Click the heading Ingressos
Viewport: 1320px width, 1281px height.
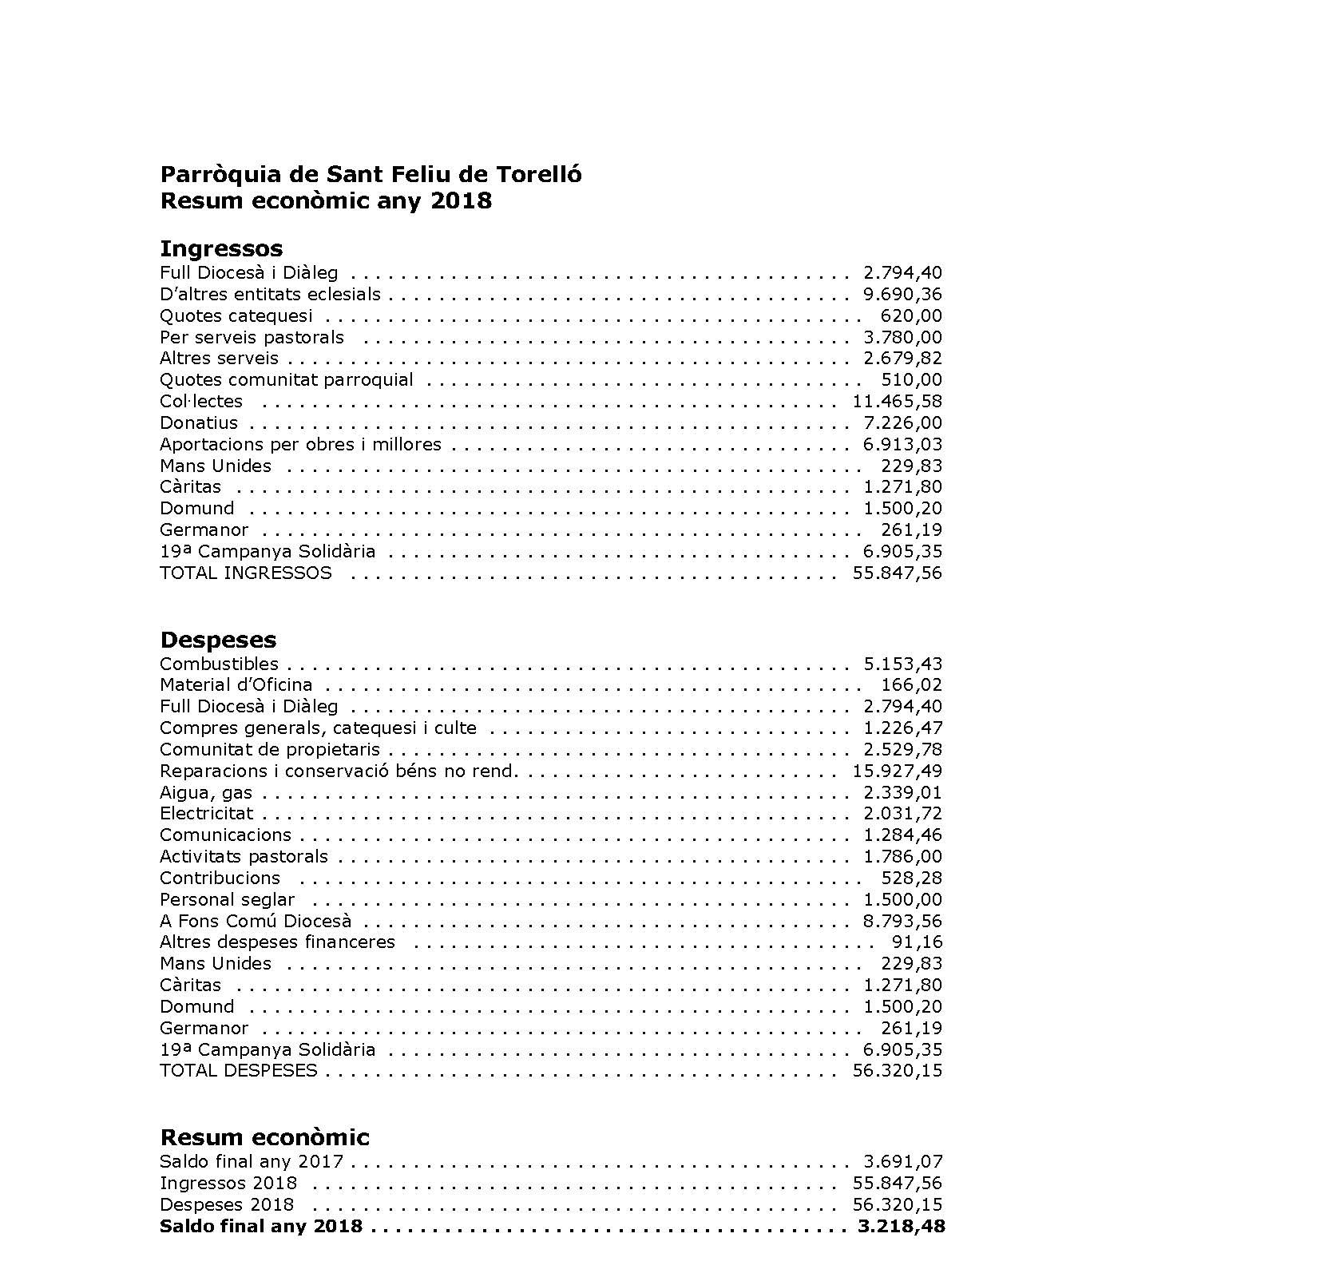click(221, 249)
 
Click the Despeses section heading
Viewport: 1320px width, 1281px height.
click(218, 640)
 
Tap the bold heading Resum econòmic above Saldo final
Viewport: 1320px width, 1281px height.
click(264, 1137)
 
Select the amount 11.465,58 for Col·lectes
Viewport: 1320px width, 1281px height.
click(897, 402)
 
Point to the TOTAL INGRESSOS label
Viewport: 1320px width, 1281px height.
click(245, 573)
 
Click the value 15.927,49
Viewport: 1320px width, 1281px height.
click(897, 771)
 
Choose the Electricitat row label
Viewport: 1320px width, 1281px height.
click(206, 814)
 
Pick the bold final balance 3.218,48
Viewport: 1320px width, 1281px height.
click(901, 1226)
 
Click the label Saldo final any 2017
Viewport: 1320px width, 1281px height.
click(252, 1162)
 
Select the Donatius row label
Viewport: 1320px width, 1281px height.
click(199, 423)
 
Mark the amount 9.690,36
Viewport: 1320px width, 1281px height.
click(902, 295)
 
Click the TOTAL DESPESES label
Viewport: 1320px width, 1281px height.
click(238, 1071)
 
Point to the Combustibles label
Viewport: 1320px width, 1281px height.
click(219, 664)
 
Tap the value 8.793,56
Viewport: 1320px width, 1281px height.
click(902, 921)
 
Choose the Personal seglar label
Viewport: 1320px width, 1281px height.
click(227, 900)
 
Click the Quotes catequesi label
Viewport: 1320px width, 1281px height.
click(236, 316)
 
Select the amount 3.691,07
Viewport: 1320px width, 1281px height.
click(902, 1162)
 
